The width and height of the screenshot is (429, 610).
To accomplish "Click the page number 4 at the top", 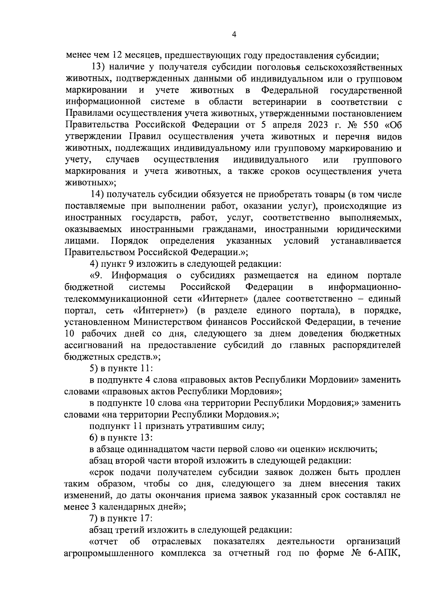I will (234, 34).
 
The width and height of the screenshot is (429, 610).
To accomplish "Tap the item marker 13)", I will (97, 67).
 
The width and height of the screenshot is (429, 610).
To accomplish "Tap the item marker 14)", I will (97, 194).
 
